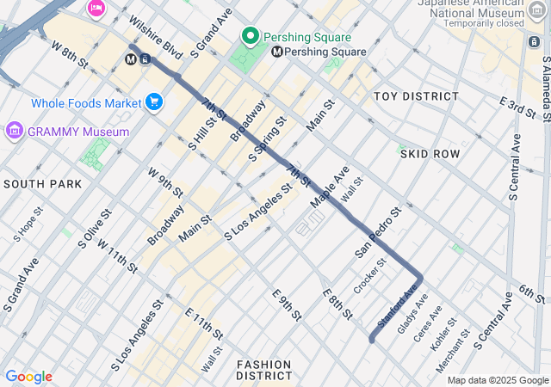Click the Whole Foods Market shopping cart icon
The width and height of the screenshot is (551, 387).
pyautogui.click(x=154, y=102)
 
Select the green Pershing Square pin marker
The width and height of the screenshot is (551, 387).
pyautogui.click(x=251, y=36)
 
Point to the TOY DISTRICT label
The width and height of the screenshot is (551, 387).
pyautogui.click(x=416, y=95)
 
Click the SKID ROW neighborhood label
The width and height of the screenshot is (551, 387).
pyautogui.click(x=430, y=153)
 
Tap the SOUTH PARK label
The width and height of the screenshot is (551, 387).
pyautogui.click(x=42, y=184)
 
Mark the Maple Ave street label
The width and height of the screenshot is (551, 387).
pyautogui.click(x=330, y=187)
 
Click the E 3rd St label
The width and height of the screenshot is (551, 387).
pyautogui.click(x=518, y=107)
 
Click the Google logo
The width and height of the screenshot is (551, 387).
pyautogui.click(x=28, y=377)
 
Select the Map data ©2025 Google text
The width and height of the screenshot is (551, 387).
pyautogui.click(x=498, y=380)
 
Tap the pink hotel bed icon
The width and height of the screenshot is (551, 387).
pyautogui.click(x=96, y=8)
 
